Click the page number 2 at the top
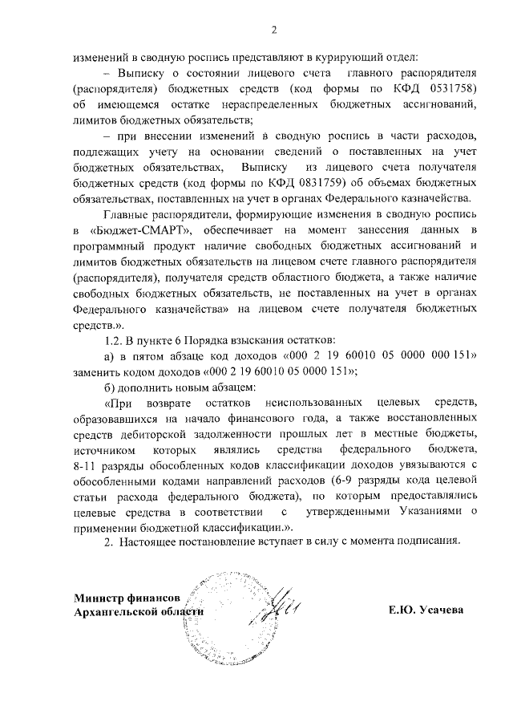(273, 31)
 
